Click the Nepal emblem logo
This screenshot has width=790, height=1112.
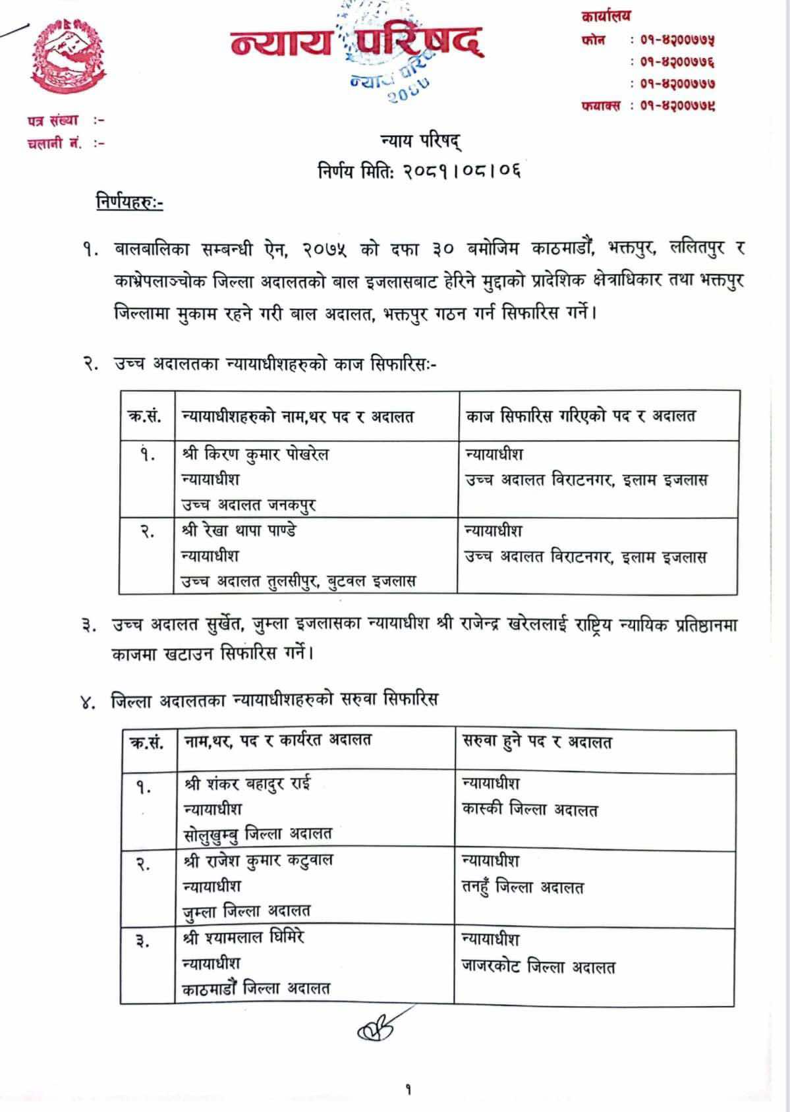point(69,58)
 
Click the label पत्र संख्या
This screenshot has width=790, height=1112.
point(53,121)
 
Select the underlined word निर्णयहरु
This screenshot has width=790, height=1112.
point(128,204)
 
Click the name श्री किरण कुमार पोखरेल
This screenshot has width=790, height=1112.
point(255,455)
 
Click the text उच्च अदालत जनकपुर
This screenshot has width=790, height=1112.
point(248,505)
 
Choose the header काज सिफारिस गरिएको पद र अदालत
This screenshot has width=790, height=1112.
point(580,416)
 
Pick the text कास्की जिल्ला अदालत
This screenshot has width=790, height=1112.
point(530,810)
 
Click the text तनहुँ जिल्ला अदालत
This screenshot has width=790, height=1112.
point(523,887)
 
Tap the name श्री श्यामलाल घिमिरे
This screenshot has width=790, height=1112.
point(244,937)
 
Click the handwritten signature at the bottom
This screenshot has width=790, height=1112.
point(378,1032)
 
